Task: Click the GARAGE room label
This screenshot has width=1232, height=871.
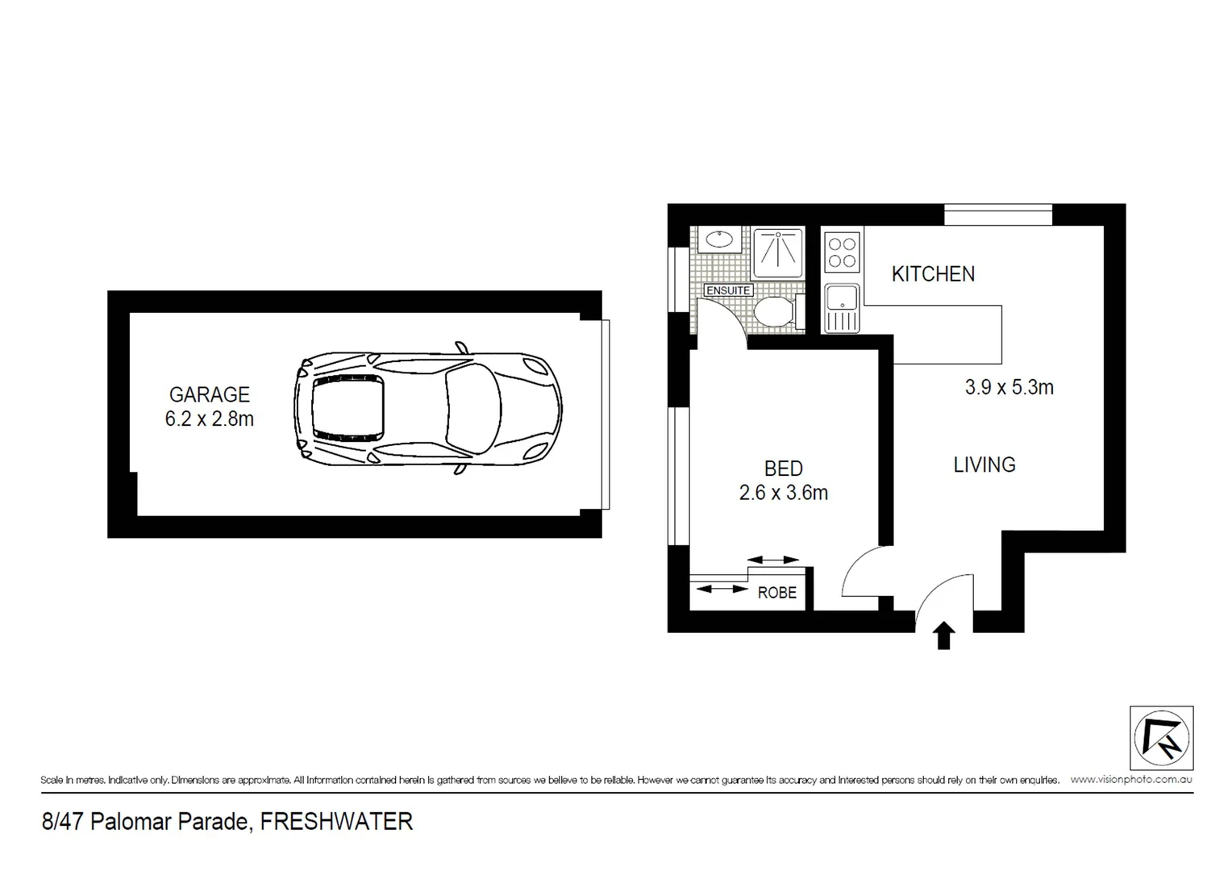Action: point(209,394)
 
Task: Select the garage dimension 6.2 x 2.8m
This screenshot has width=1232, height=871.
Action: point(209,419)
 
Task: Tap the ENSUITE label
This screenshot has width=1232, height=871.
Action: point(728,290)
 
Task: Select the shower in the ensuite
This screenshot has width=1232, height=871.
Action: point(778,252)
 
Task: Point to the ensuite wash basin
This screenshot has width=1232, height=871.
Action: point(718,240)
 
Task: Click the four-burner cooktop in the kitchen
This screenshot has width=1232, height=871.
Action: point(843,250)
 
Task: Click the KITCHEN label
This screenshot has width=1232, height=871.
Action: point(933,274)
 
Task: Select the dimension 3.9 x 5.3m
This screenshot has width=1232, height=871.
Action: point(1009,387)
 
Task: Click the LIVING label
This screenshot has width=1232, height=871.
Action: point(984,465)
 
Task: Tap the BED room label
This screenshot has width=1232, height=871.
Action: point(783,469)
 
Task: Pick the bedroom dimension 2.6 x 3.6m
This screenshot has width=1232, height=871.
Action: point(783,492)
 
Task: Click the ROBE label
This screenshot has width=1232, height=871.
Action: point(776,593)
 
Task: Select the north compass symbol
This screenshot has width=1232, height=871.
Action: point(1161,738)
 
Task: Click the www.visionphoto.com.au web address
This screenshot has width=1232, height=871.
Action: point(1131,780)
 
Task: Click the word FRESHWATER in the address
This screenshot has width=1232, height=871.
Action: point(336,822)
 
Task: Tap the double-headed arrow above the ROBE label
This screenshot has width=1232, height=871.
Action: point(773,560)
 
